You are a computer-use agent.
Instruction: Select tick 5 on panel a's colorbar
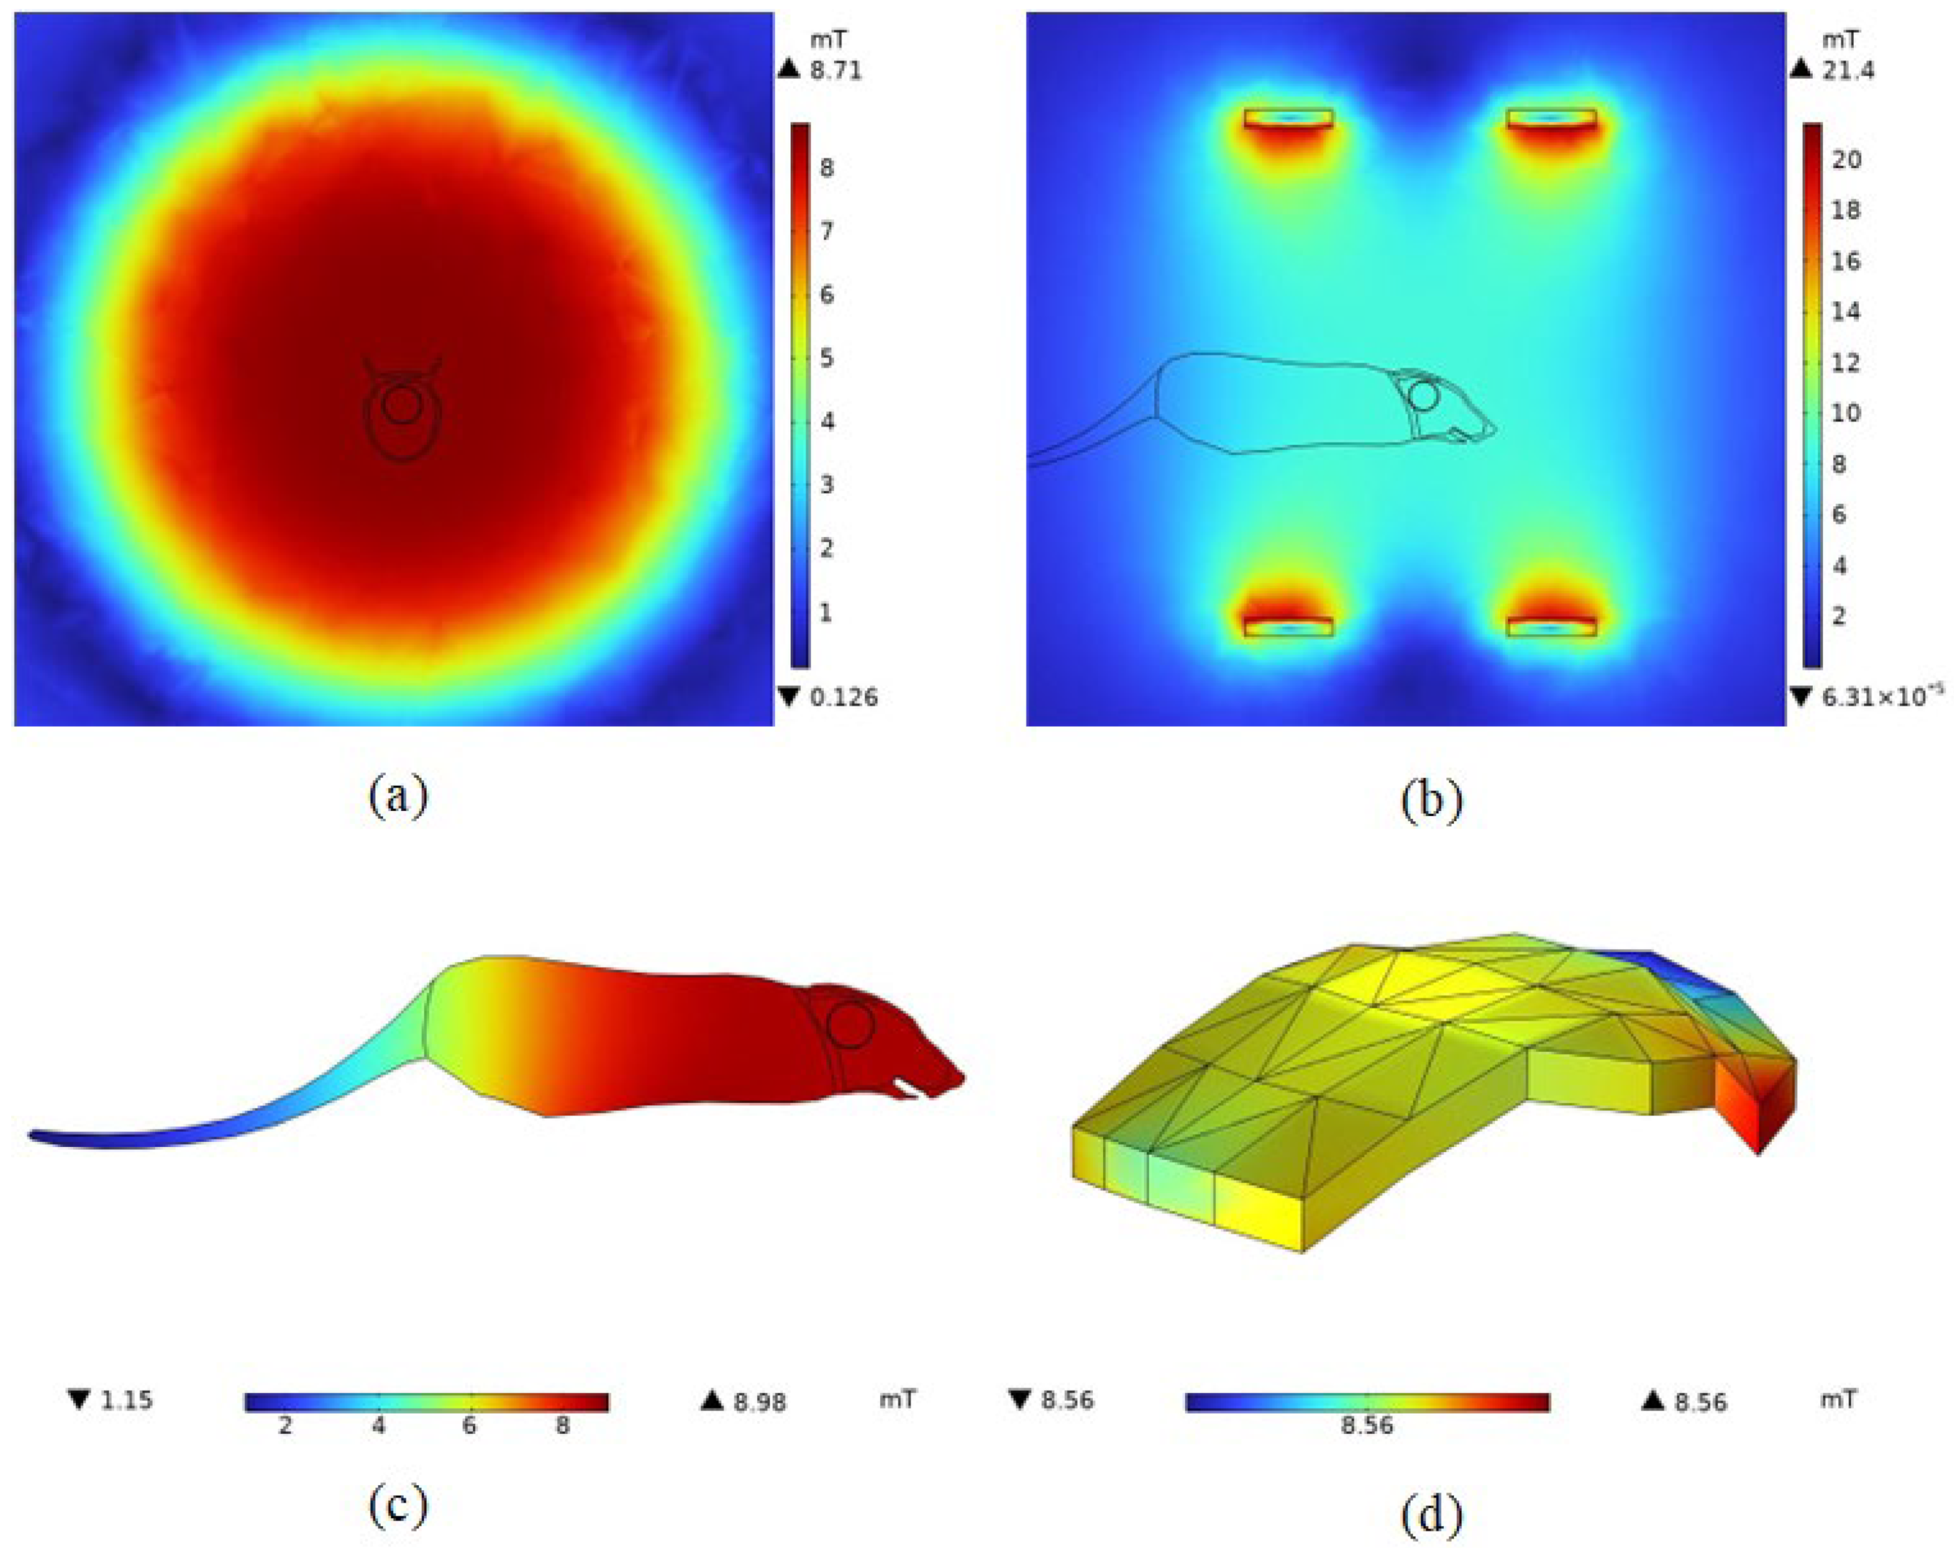825,359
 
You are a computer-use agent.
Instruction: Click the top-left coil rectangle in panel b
1288,118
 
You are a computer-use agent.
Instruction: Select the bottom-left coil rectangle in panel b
1288,627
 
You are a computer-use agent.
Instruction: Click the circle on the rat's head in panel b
1423,396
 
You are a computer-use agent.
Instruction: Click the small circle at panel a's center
400,405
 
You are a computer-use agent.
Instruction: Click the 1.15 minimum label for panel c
126,1400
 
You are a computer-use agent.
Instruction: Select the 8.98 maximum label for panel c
760,1402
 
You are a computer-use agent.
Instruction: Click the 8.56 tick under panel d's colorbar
1367,1426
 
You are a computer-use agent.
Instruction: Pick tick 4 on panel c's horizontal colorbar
378,1426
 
